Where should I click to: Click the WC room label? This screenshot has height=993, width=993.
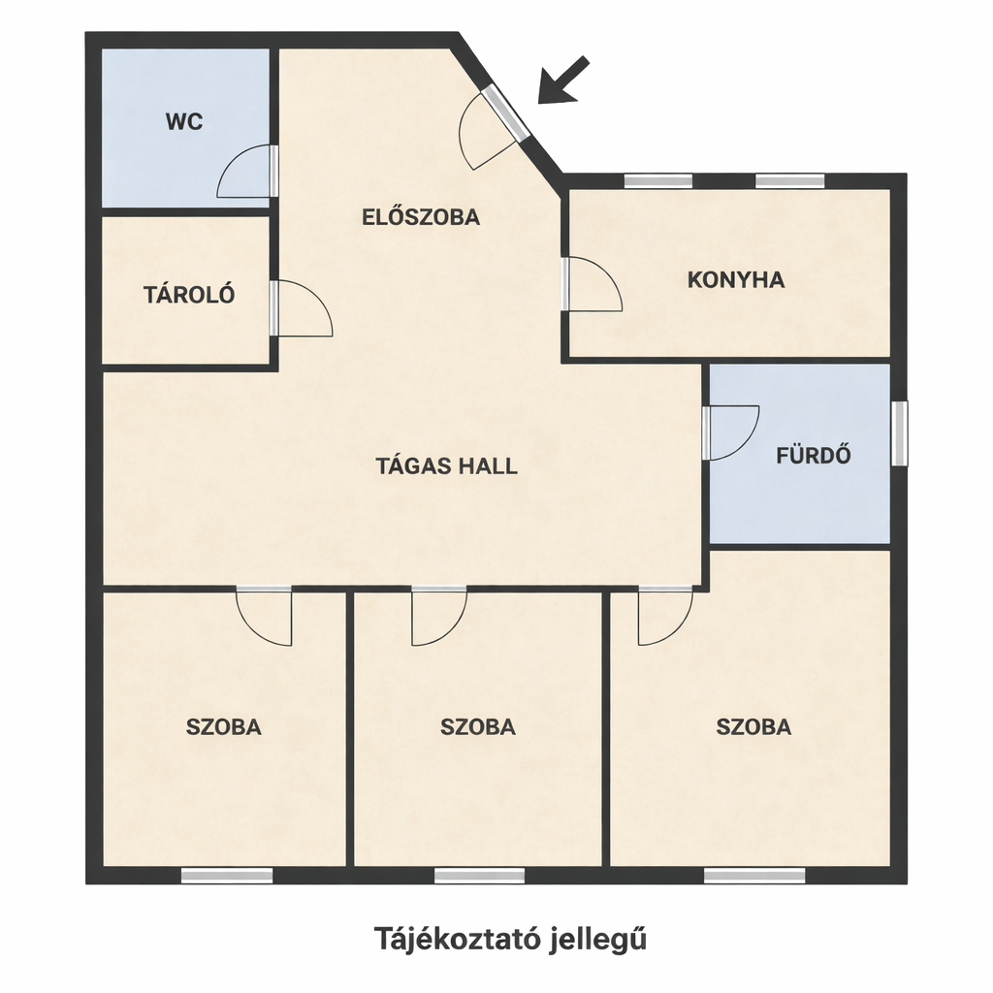(184, 121)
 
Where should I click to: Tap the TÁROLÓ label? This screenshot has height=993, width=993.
(189, 295)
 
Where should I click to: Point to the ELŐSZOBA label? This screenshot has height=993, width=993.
(421, 217)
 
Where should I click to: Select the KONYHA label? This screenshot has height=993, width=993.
(736, 280)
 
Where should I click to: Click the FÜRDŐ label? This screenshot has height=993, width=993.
(814, 456)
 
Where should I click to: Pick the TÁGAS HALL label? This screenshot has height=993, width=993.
(447, 466)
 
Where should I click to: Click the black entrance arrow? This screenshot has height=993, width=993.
(563, 80)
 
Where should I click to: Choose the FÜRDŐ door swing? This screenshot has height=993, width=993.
(746, 443)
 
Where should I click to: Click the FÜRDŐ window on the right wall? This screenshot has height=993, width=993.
(899, 433)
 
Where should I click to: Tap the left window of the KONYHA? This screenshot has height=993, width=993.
(658, 181)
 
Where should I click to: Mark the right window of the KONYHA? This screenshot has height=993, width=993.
(790, 181)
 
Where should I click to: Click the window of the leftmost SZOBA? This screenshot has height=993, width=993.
(227, 876)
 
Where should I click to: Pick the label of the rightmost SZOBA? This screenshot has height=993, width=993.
(753, 727)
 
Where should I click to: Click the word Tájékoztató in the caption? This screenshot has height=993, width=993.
(455, 939)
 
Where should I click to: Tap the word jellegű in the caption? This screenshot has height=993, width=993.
(598, 940)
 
